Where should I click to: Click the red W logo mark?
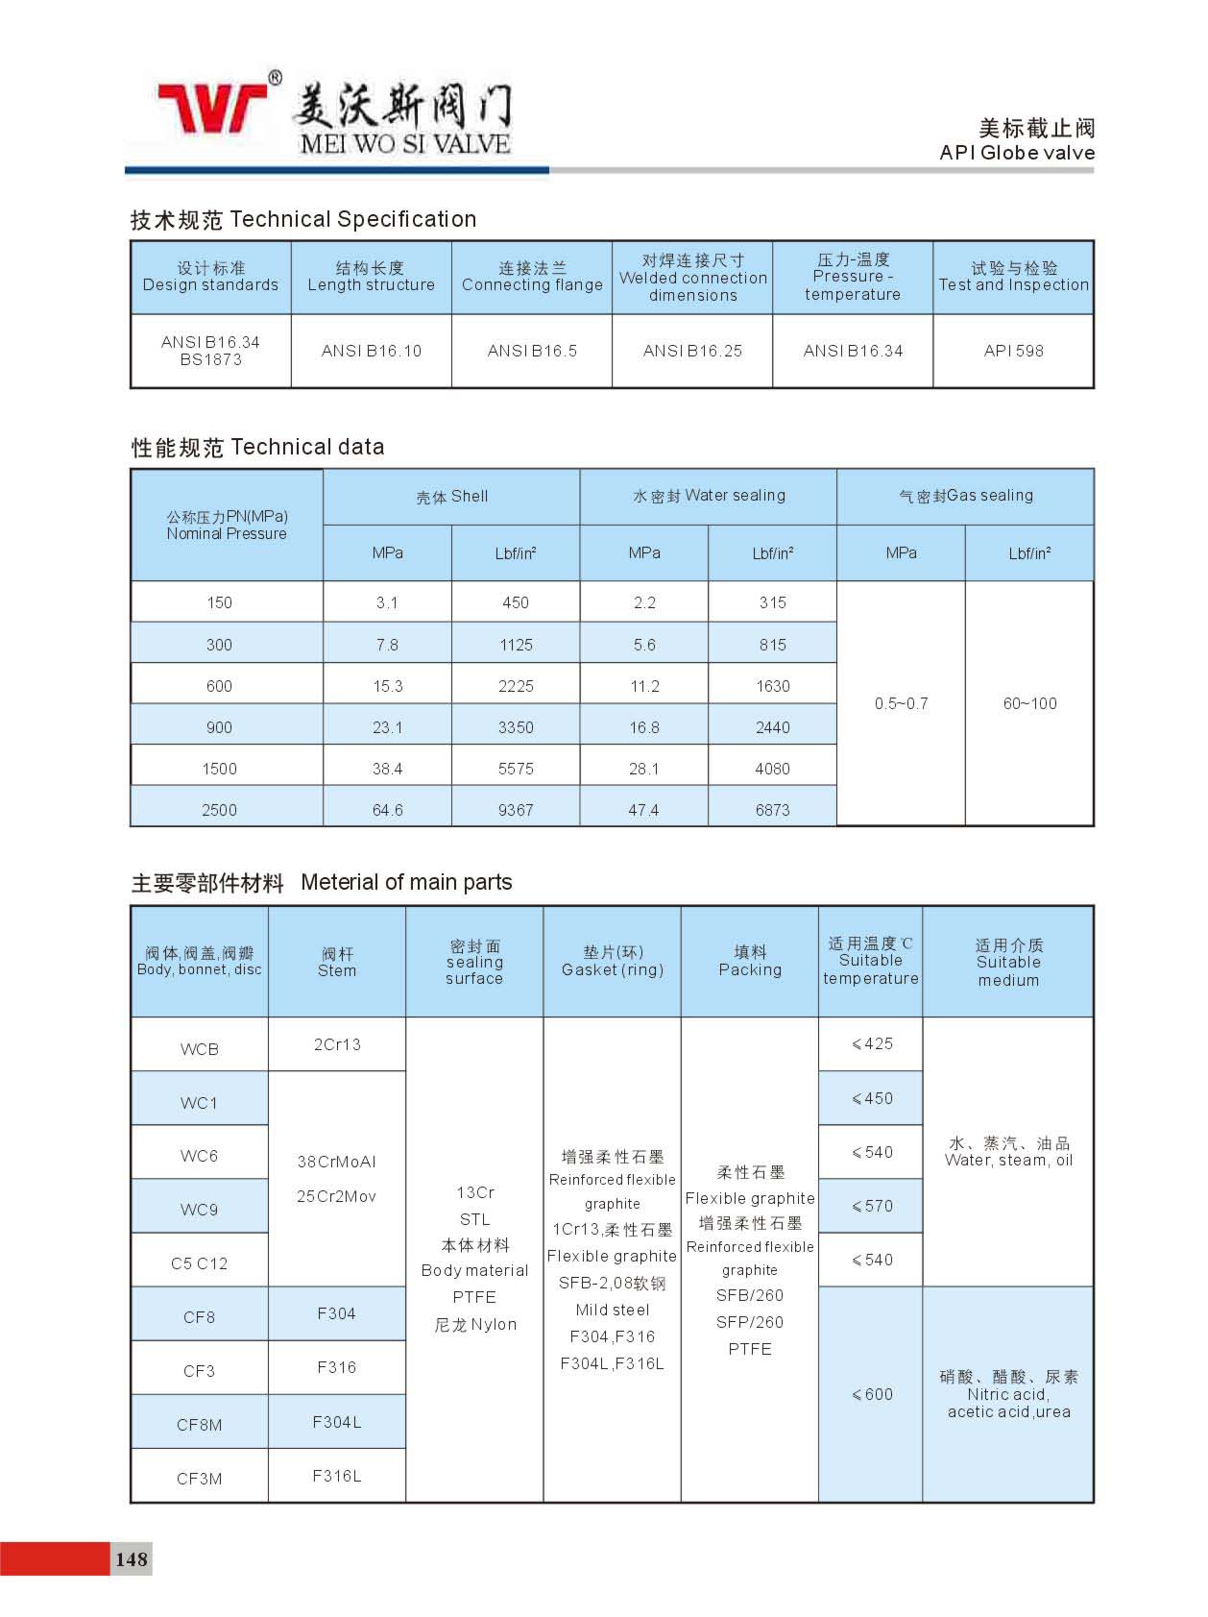pyautogui.click(x=213, y=107)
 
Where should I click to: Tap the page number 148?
pyautogui.click(x=131, y=1558)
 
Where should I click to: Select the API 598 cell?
pyautogui.click(x=1013, y=351)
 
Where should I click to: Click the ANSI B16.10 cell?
pyautogui.click(x=372, y=351)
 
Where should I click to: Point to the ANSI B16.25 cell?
pyautogui.click(x=692, y=351)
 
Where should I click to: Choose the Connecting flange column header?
pyautogui.click(x=532, y=277)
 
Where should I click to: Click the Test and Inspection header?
pyautogui.click(x=1013, y=277)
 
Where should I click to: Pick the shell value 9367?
pyautogui.click(x=516, y=810)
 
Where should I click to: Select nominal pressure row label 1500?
pyautogui.click(x=219, y=769)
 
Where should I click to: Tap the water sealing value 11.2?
pyautogui.click(x=644, y=686)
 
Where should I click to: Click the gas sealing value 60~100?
pyautogui.click(x=1029, y=703)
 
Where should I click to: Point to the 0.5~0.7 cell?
pyautogui.click(x=901, y=703)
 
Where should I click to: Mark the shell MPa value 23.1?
pyautogui.click(x=387, y=727)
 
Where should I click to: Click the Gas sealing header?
pyautogui.click(x=965, y=496)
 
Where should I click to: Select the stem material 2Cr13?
pyautogui.click(x=337, y=1044)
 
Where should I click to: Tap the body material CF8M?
pyautogui.click(x=199, y=1424)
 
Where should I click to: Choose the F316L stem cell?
pyautogui.click(x=337, y=1476)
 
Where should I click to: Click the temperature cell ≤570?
pyautogui.click(x=872, y=1206)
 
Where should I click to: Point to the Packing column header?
pyautogui.click(x=750, y=961)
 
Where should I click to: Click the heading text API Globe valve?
pyautogui.click(x=1017, y=153)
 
